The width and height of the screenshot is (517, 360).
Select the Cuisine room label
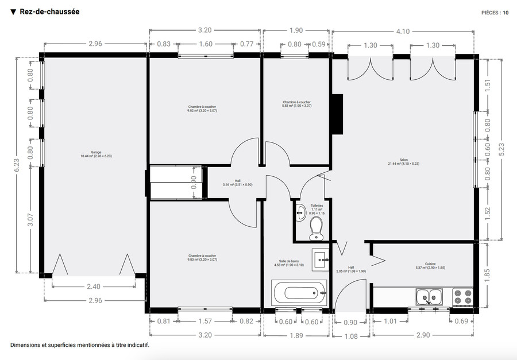click(430, 267)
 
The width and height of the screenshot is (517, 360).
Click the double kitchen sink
click(429, 296)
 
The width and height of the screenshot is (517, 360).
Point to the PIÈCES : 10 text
click(495, 12)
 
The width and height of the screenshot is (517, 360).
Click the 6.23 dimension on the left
click(17, 165)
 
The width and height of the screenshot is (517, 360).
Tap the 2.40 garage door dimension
click(94, 287)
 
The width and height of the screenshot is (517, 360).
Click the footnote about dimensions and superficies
click(80, 346)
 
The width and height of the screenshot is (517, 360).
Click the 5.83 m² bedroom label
click(296, 104)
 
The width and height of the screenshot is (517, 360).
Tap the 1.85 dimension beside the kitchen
click(488, 274)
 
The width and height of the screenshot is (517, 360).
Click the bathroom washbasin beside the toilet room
click(320, 259)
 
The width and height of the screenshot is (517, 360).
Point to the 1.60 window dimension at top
click(205, 44)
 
